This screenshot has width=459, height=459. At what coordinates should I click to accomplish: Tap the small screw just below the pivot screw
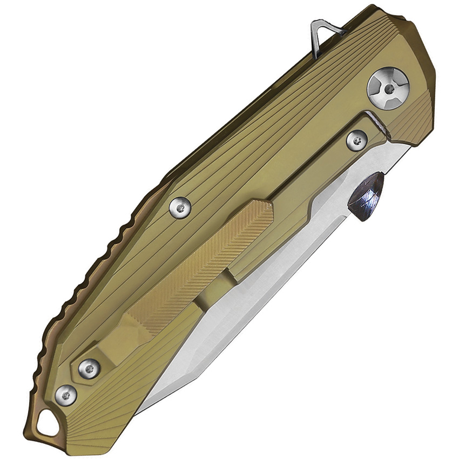pyautogui.click(x=356, y=140)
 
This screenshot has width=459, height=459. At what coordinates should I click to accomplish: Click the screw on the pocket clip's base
pyautogui.click(x=89, y=369)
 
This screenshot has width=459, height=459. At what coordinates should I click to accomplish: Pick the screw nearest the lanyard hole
pyautogui.click(x=66, y=395)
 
